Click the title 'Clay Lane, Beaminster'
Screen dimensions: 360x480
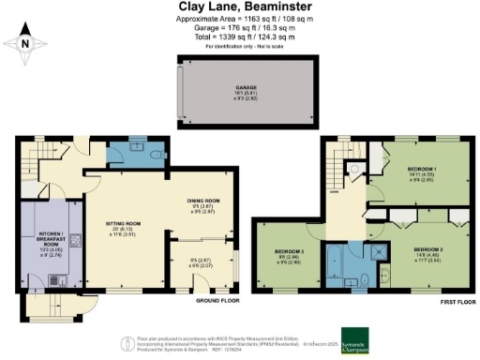[x=239, y=7]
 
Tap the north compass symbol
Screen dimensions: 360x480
[x=23, y=42]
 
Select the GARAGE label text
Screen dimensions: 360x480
[x=247, y=88]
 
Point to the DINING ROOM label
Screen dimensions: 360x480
[x=203, y=204]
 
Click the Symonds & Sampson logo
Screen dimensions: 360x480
[x=360, y=337]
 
